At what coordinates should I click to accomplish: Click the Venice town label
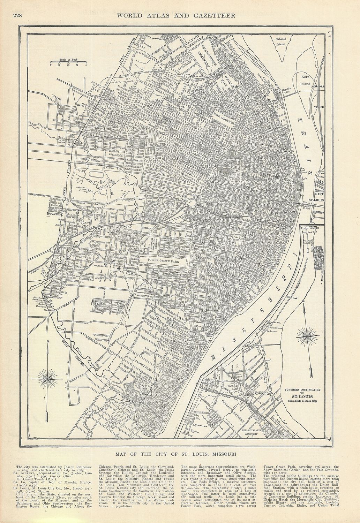pos(319,107)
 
